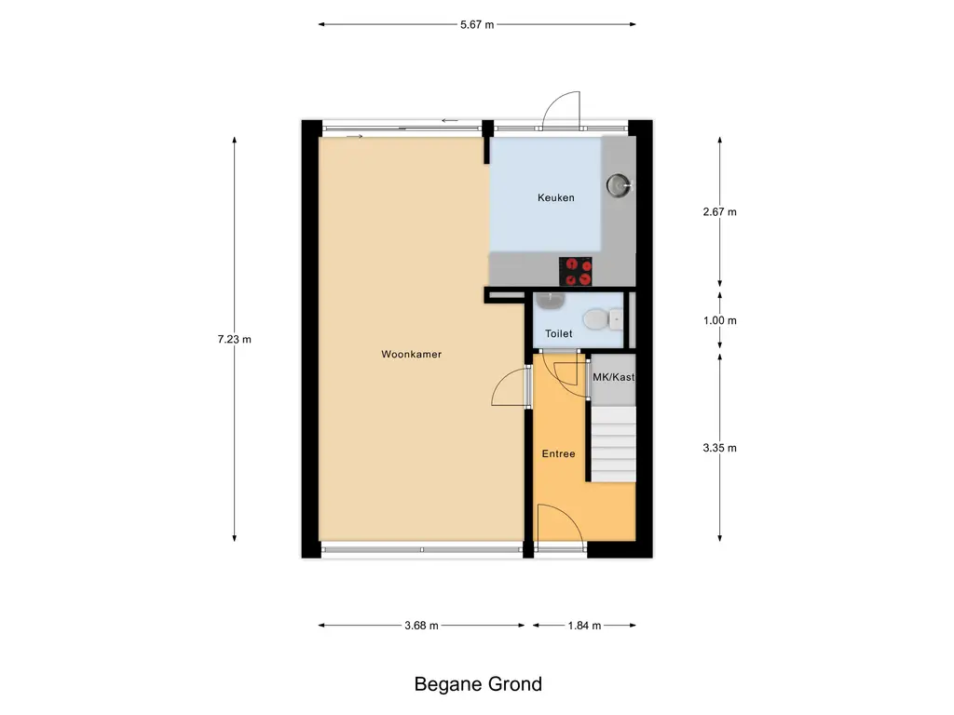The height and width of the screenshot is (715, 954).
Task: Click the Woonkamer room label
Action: (411, 354)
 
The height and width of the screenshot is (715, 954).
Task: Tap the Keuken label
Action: (555, 197)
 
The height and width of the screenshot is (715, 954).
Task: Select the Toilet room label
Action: (558, 332)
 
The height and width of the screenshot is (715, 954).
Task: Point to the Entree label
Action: (558, 453)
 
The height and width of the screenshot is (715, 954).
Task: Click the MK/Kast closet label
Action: (612, 377)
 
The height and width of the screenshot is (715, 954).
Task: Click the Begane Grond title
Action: (477, 684)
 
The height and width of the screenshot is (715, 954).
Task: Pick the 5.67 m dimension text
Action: (476, 25)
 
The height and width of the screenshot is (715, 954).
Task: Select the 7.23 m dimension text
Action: (234, 340)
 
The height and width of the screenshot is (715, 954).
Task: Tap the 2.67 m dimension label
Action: (719, 211)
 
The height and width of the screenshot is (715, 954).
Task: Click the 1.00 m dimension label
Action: (719, 320)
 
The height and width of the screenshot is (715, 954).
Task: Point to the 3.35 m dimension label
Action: (719, 448)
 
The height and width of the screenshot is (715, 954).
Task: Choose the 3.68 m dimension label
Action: (421, 626)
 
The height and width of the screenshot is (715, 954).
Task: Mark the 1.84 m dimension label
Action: (583, 626)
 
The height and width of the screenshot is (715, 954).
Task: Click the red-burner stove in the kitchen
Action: (576, 271)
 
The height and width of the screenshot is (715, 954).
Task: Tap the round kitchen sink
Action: (619, 185)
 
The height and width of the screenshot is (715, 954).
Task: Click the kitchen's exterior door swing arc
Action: (561, 106)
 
